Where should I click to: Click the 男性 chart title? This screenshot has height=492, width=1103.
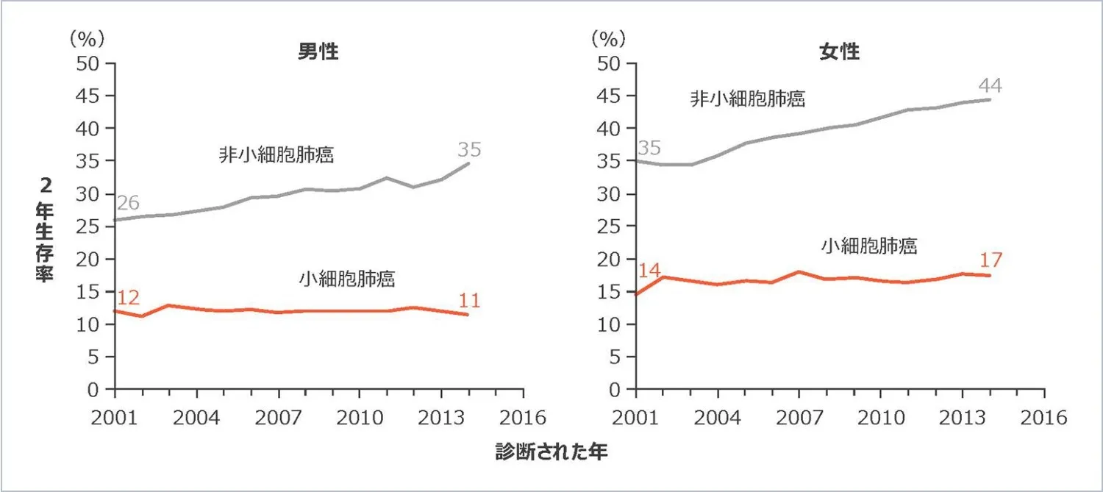click(318, 52)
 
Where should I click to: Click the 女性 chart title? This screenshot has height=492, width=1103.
click(839, 52)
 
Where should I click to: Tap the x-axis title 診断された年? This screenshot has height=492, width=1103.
click(551, 452)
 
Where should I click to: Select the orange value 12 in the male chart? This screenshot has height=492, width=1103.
click(129, 298)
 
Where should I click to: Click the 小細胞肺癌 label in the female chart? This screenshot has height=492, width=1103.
click(868, 246)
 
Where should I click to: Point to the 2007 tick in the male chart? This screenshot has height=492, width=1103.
click(278, 418)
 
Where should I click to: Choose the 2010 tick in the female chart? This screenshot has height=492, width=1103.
click(880, 418)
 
